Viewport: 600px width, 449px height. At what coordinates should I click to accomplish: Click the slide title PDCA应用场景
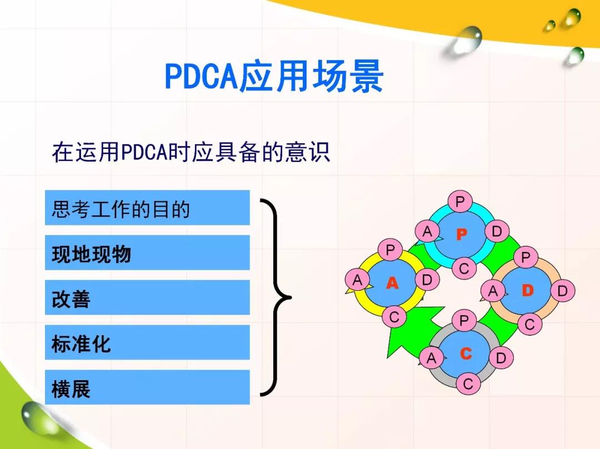[x=274, y=76]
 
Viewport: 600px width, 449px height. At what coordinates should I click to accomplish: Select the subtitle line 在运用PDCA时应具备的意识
[x=191, y=152]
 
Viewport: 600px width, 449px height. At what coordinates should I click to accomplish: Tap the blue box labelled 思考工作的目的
[x=147, y=208]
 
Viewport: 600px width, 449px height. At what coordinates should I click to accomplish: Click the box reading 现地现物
[x=147, y=253]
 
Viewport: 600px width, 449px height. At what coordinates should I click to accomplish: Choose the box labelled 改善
[x=147, y=297]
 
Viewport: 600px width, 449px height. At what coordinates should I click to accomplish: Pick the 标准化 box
[x=147, y=342]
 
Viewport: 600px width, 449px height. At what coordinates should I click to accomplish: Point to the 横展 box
[x=147, y=387]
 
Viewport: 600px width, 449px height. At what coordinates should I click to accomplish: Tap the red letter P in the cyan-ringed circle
[x=462, y=234]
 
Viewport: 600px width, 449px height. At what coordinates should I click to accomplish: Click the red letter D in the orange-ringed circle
[x=528, y=291]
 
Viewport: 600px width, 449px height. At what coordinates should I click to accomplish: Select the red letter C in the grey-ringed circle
[x=466, y=354]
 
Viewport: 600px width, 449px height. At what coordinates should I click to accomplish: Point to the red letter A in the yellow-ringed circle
[x=392, y=283]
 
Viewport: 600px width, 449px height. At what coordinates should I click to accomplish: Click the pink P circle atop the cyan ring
[x=460, y=201]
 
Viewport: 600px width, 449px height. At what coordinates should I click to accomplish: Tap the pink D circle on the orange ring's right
[x=562, y=291]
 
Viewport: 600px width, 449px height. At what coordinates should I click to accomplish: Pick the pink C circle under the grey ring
[x=468, y=384]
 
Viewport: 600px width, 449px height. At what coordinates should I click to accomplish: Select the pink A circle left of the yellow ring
[x=357, y=280]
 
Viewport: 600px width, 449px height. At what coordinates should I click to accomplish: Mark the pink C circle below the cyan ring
[x=464, y=268]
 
